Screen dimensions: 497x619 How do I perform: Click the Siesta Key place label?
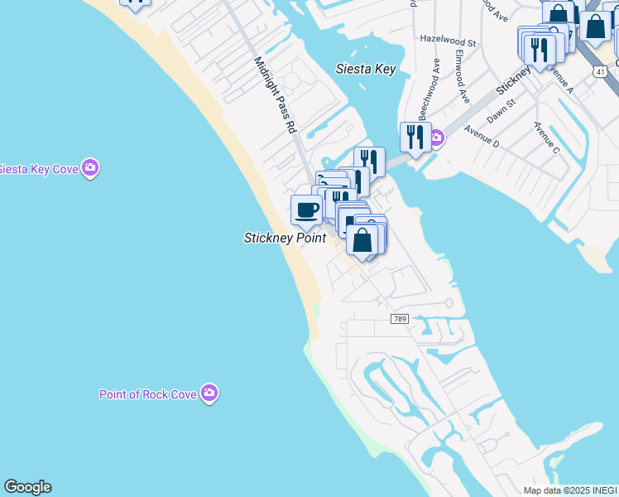367,70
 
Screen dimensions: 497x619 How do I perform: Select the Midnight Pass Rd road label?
274,95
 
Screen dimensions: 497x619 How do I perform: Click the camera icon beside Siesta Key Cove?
91,169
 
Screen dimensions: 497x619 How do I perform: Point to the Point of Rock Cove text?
148,394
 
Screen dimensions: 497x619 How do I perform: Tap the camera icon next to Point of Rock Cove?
210,393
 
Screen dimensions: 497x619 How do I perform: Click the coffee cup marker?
306,210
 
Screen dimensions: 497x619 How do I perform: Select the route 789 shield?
400,319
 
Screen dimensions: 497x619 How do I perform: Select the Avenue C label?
546,138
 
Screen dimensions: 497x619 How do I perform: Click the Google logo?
27,487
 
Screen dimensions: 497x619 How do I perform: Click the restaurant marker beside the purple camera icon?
413,138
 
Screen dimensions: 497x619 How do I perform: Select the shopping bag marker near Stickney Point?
362,239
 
